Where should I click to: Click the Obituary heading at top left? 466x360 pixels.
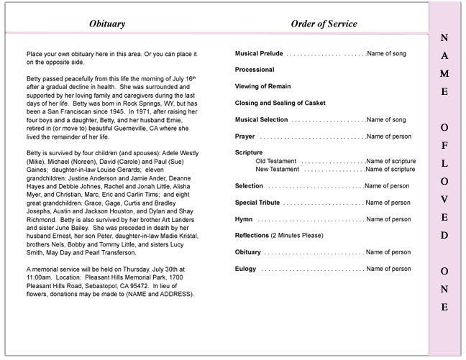[107, 24]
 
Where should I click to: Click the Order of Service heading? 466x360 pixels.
[324, 24]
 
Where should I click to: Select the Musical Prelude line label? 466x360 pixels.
[259, 54]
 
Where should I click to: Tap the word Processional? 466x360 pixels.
[255, 70]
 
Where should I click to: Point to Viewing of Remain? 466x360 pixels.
[262, 86]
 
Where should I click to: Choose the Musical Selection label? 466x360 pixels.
[261, 119]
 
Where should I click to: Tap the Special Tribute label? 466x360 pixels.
[257, 203]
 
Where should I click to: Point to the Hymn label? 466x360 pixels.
[244, 219]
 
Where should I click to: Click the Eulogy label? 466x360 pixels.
[246, 269]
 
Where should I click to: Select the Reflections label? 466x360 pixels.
[252, 236]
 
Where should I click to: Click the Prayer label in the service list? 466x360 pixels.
[245, 136]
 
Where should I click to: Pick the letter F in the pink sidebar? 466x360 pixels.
[444, 144]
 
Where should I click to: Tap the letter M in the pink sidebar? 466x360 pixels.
[444, 74]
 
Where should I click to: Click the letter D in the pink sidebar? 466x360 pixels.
[444, 235]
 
